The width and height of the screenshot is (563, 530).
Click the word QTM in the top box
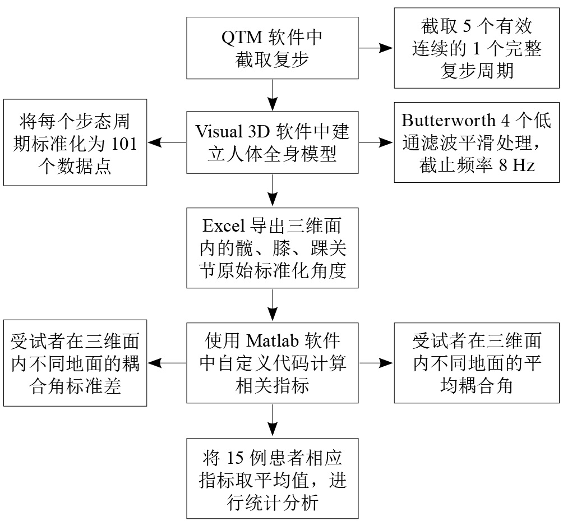pos(242,38)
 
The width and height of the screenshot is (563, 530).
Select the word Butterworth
pos(448,120)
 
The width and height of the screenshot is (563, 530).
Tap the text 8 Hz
pos(516,165)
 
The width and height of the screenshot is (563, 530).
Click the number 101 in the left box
pos(124,144)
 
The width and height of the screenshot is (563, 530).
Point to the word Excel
pos(224,225)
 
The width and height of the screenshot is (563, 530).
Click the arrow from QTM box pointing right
pos(376,48)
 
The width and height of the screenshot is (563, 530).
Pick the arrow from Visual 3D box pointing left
pos(167,142)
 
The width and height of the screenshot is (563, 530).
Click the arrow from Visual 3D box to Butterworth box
pos(376,142)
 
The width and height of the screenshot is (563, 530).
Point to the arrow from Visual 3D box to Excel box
pos(273,190)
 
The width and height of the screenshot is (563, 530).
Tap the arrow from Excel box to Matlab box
pos(273,305)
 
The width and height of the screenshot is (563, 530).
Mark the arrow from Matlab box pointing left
pos(167,363)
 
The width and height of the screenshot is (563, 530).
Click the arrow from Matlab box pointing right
pos(376,363)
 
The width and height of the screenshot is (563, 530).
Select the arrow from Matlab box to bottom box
pos(273,421)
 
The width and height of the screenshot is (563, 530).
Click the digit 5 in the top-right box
pos(467,26)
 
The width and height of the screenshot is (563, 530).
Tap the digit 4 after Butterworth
pos(505,120)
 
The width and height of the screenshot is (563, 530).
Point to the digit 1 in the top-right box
pos(477,48)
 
